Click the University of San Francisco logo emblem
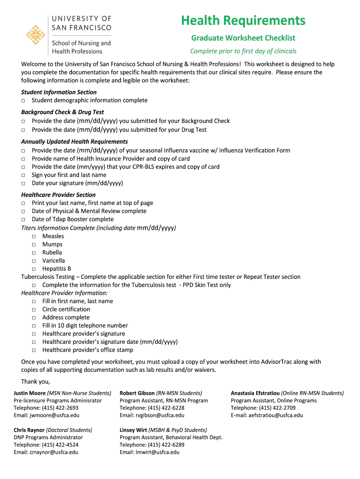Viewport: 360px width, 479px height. coord(36,35)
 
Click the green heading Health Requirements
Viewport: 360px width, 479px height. coord(243,21)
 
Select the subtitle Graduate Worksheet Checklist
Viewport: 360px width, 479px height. coord(243,38)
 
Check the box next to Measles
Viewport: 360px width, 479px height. coord(34,237)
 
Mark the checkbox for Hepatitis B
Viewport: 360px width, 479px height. coord(34,269)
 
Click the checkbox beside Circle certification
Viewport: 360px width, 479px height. coord(34,310)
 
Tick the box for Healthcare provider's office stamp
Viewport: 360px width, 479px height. coord(34,350)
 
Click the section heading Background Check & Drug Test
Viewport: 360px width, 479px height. coord(62,112)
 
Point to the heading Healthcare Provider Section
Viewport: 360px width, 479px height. coord(58,195)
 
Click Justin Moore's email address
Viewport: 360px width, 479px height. coord(46,415)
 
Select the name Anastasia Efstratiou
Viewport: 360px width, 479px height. coord(255,393)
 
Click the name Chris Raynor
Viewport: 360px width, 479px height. coord(29,430)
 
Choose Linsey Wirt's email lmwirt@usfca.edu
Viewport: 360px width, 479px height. coord(150,452)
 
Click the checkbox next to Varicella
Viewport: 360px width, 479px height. coord(34,261)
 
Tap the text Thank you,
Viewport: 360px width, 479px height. coord(35,381)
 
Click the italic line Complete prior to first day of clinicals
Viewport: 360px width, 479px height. coord(243,51)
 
